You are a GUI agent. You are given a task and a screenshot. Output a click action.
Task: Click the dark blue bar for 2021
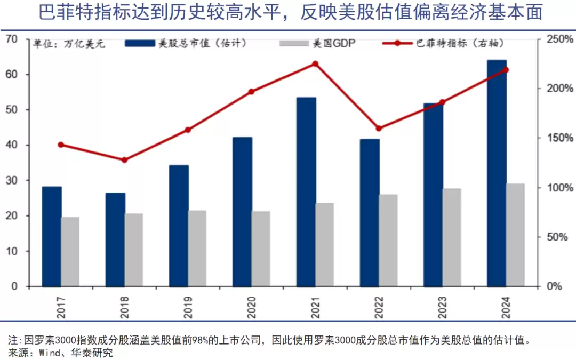click(306, 192)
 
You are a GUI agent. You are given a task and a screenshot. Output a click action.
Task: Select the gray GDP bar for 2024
click(515, 235)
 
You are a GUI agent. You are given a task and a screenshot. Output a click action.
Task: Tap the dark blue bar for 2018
click(115, 239)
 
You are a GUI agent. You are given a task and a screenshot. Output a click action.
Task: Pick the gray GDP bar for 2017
click(70, 251)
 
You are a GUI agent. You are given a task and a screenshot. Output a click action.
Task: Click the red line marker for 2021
click(315, 64)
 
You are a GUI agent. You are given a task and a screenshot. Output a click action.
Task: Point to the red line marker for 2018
click(124, 160)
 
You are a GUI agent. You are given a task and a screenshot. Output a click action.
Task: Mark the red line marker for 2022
click(379, 129)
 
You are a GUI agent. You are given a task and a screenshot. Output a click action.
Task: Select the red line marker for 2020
click(252, 92)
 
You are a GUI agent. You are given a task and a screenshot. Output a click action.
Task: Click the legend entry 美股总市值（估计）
click(202, 44)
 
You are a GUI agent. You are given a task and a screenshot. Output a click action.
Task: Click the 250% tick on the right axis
click(560, 39)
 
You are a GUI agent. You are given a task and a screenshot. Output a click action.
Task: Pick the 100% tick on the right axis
click(560, 188)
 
